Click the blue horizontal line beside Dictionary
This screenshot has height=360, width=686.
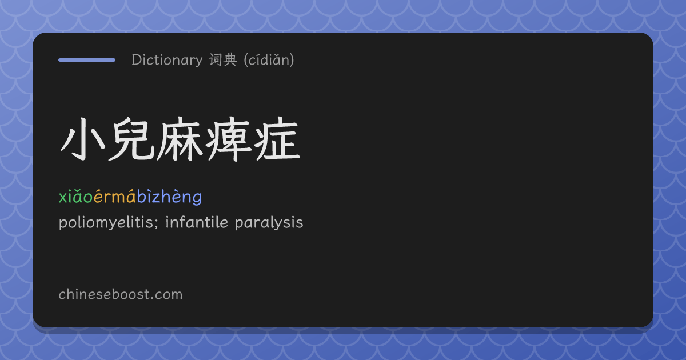click(87, 60)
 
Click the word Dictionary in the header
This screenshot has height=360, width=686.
click(167, 60)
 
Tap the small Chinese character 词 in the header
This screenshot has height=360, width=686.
click(216, 59)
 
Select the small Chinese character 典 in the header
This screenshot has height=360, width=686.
click(230, 59)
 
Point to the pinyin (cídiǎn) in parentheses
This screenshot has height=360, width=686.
click(269, 59)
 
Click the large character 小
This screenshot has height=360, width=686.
click(83, 139)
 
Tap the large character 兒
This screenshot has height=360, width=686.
click(131, 139)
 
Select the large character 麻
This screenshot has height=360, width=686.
click(180, 139)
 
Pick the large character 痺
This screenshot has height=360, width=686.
click(228, 139)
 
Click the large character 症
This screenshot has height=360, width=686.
click(277, 139)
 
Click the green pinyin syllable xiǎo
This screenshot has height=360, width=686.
click(75, 197)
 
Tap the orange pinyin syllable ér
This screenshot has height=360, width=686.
click(102, 197)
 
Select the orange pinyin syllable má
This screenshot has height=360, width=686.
click(123, 197)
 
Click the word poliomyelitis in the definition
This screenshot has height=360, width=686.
click(106, 222)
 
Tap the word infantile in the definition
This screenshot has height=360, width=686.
click(197, 222)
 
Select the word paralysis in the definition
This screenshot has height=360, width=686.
click(269, 222)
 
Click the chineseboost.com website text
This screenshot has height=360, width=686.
click(121, 294)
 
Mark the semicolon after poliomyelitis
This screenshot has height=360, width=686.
click(157, 224)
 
